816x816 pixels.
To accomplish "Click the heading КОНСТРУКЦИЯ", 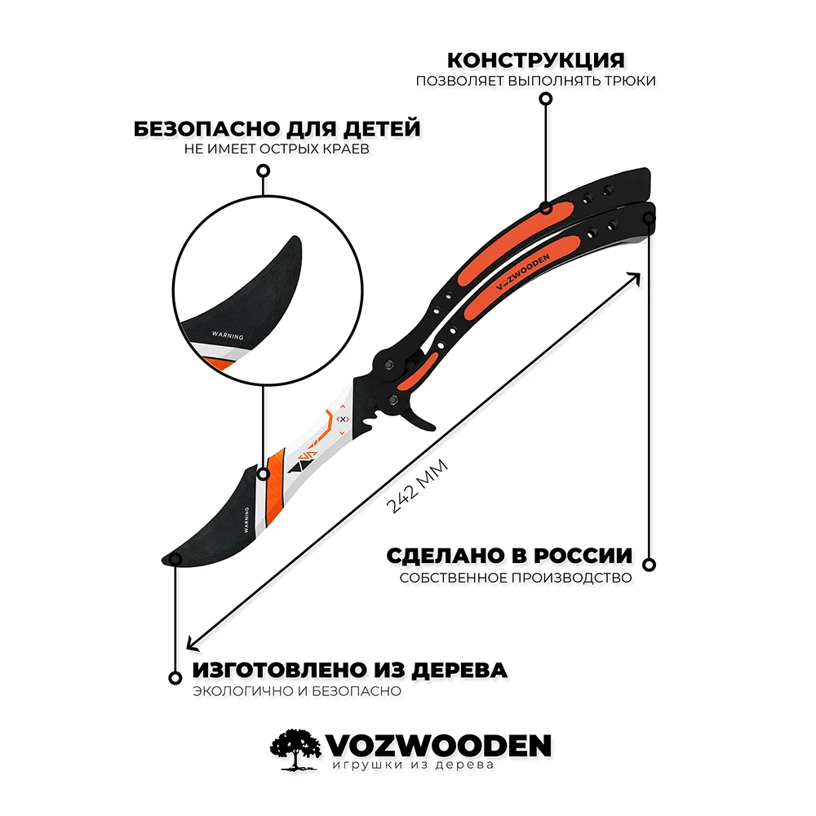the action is pyautogui.click(x=536, y=60).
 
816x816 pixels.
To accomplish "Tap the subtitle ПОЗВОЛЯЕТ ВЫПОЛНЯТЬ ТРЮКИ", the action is pyautogui.click(x=535, y=82).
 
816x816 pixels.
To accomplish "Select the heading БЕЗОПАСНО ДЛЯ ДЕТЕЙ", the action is pyautogui.click(x=277, y=129).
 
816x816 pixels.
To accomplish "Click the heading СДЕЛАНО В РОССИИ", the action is pyautogui.click(x=509, y=556).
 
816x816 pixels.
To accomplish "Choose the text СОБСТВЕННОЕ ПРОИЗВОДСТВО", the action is pyautogui.click(x=516, y=578).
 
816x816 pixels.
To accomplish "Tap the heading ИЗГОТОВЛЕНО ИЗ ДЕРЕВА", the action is pyautogui.click(x=350, y=671).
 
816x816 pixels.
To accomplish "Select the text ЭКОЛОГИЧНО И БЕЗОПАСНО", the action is pyautogui.click(x=298, y=691).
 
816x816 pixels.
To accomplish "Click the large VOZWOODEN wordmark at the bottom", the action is pyautogui.click(x=439, y=744).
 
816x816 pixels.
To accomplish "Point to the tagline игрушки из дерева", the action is pyautogui.click(x=414, y=766).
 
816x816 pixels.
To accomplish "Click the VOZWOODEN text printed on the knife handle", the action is pyautogui.click(x=523, y=268).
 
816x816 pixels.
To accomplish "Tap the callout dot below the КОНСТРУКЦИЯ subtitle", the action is pyautogui.click(x=546, y=99).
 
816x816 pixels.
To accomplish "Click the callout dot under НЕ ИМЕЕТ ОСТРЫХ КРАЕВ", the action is pyautogui.click(x=263, y=171).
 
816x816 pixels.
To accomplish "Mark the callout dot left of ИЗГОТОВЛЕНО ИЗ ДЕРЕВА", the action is pyautogui.click(x=174, y=677).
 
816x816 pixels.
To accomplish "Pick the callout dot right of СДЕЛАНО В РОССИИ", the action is pyautogui.click(x=650, y=564).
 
